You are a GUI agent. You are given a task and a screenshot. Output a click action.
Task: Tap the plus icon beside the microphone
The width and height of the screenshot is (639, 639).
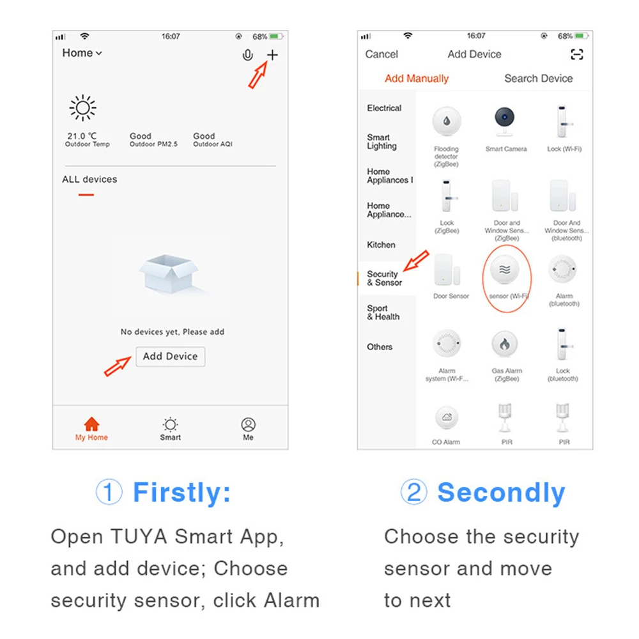click(272, 54)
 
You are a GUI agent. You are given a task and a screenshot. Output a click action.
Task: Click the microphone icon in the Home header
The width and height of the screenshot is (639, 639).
click(247, 55)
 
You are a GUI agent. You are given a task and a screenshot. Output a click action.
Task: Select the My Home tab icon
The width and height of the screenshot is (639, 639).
click(91, 424)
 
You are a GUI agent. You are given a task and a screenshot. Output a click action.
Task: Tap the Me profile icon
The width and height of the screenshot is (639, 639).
click(248, 425)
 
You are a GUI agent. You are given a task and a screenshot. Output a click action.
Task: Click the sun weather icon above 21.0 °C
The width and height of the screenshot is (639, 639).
click(82, 108)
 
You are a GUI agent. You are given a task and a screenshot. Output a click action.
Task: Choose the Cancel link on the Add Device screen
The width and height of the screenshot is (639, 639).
click(381, 54)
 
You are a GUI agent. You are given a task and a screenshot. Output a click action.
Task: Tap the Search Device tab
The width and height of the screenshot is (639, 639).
click(538, 78)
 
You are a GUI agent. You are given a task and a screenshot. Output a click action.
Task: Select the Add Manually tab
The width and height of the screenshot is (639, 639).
click(417, 78)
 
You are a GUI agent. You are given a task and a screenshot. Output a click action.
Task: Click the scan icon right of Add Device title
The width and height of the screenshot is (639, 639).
click(576, 54)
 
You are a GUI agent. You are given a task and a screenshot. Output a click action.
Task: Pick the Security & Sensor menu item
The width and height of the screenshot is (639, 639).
click(384, 278)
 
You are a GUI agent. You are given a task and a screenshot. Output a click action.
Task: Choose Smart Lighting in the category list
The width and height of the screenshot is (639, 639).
click(381, 141)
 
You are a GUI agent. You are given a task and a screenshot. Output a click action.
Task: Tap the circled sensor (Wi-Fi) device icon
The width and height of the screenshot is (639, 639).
click(505, 270)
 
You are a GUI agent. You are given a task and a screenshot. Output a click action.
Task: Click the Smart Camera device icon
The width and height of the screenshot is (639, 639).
click(505, 121)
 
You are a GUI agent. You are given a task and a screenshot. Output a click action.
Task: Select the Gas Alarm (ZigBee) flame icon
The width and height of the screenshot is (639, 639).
click(505, 344)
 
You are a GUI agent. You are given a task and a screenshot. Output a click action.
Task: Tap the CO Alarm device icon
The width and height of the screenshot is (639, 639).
click(447, 417)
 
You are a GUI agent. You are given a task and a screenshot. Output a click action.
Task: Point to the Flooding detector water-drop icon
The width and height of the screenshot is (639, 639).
click(447, 121)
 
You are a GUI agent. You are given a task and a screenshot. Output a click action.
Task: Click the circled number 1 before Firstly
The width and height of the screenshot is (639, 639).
click(109, 491)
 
